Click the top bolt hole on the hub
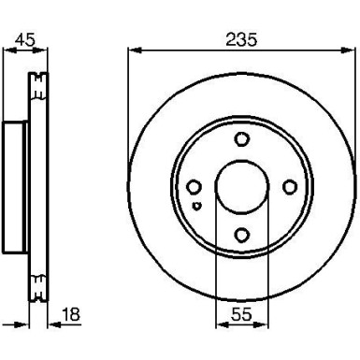coord(241,140)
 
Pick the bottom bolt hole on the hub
coord(241,235)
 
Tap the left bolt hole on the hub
coord(194,187)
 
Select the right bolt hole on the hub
coord(289,187)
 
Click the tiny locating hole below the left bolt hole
coord(195,205)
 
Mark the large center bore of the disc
coord(241,187)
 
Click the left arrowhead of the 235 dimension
coord(131,51)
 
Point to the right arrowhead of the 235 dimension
coord(353,51)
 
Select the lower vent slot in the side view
coord(38,286)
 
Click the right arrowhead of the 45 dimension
coord(43,52)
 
